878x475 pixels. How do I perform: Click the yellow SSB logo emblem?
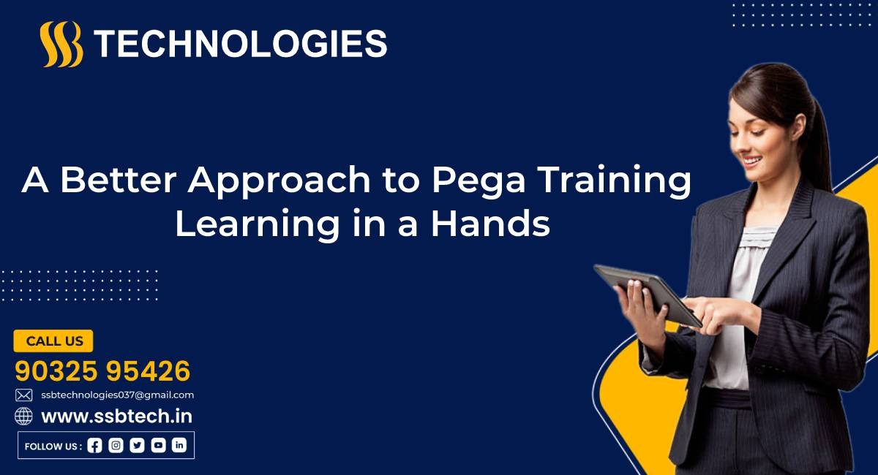61,44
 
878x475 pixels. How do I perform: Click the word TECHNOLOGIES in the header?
241,44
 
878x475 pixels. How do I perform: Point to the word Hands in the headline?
491,224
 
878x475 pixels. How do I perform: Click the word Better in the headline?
118,179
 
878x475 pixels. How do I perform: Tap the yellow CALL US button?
53,341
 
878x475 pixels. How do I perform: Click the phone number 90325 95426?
102,370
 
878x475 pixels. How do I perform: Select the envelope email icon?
24,395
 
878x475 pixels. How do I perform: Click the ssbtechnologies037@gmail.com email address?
118,395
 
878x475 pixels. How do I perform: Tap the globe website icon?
23,416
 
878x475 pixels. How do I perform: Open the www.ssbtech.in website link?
117,417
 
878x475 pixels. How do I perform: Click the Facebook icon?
94,446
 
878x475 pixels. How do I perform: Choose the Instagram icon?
116,446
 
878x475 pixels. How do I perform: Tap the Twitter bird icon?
137,446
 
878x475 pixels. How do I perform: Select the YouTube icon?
158,446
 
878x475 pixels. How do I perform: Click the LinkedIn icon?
179,446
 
